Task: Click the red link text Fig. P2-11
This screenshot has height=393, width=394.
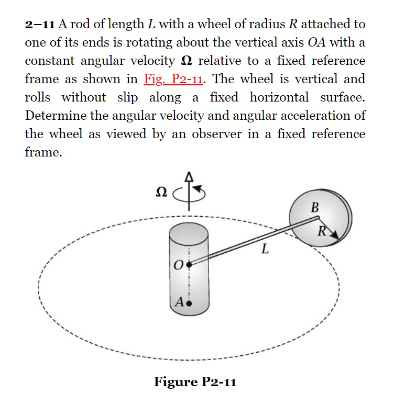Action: [x=174, y=80]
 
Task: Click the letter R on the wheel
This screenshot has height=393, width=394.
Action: [x=323, y=231]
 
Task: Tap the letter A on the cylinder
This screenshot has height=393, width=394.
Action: [x=180, y=302]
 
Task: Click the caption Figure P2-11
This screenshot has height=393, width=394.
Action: [x=195, y=381]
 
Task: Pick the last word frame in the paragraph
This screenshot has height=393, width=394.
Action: [x=41, y=152]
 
